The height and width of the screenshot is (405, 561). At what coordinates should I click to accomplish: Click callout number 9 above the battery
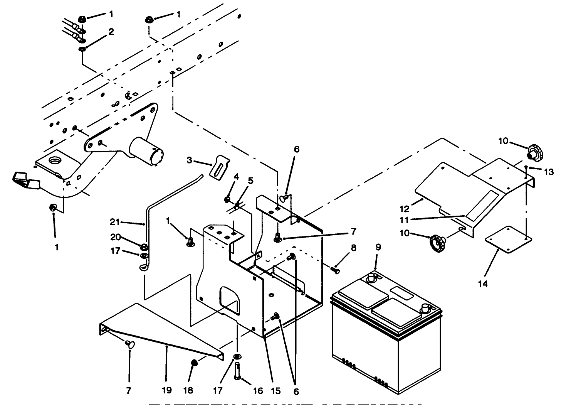(x=378, y=247)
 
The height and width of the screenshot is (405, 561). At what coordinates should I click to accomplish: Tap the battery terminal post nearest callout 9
(x=372, y=277)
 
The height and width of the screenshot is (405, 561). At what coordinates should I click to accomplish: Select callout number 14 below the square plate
(x=482, y=284)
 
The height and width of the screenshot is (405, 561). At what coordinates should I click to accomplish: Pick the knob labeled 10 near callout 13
(x=536, y=153)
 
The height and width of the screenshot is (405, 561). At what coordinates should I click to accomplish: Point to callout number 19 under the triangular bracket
(x=166, y=390)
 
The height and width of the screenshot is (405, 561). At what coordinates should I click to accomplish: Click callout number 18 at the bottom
(x=188, y=390)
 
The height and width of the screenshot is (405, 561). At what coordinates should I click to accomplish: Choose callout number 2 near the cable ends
(x=111, y=32)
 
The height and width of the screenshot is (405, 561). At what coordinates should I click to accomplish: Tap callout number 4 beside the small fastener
(x=236, y=177)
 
